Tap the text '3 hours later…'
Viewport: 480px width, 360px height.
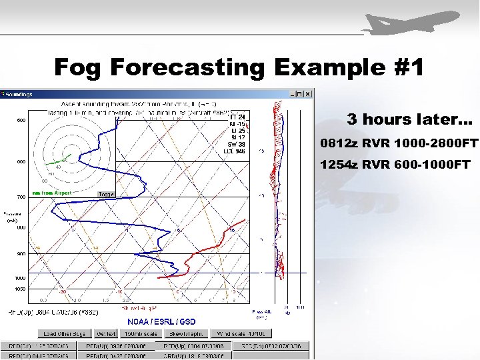(x=409, y=120)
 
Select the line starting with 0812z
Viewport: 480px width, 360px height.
(x=399, y=143)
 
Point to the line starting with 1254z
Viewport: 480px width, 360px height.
(x=395, y=164)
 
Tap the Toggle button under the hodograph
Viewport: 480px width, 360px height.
(x=107, y=195)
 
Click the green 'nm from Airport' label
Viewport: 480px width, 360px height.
(x=51, y=193)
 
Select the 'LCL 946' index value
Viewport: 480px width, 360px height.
(x=234, y=151)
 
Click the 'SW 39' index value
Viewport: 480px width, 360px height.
(x=236, y=144)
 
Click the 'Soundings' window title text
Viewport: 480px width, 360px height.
(x=19, y=95)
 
